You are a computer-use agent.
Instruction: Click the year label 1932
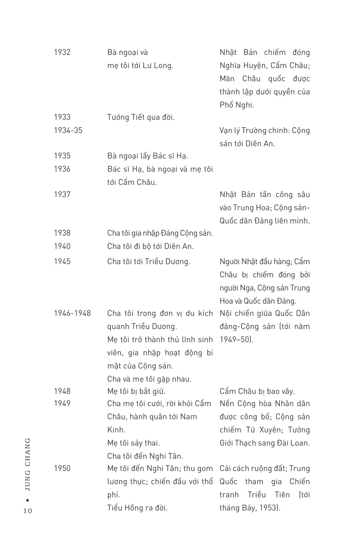(62, 52)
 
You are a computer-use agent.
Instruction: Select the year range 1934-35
(68, 130)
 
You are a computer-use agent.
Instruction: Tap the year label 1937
(62, 194)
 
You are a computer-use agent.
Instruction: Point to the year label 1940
(62, 246)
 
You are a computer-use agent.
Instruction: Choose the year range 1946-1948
(72, 314)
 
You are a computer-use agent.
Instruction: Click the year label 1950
(62, 468)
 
